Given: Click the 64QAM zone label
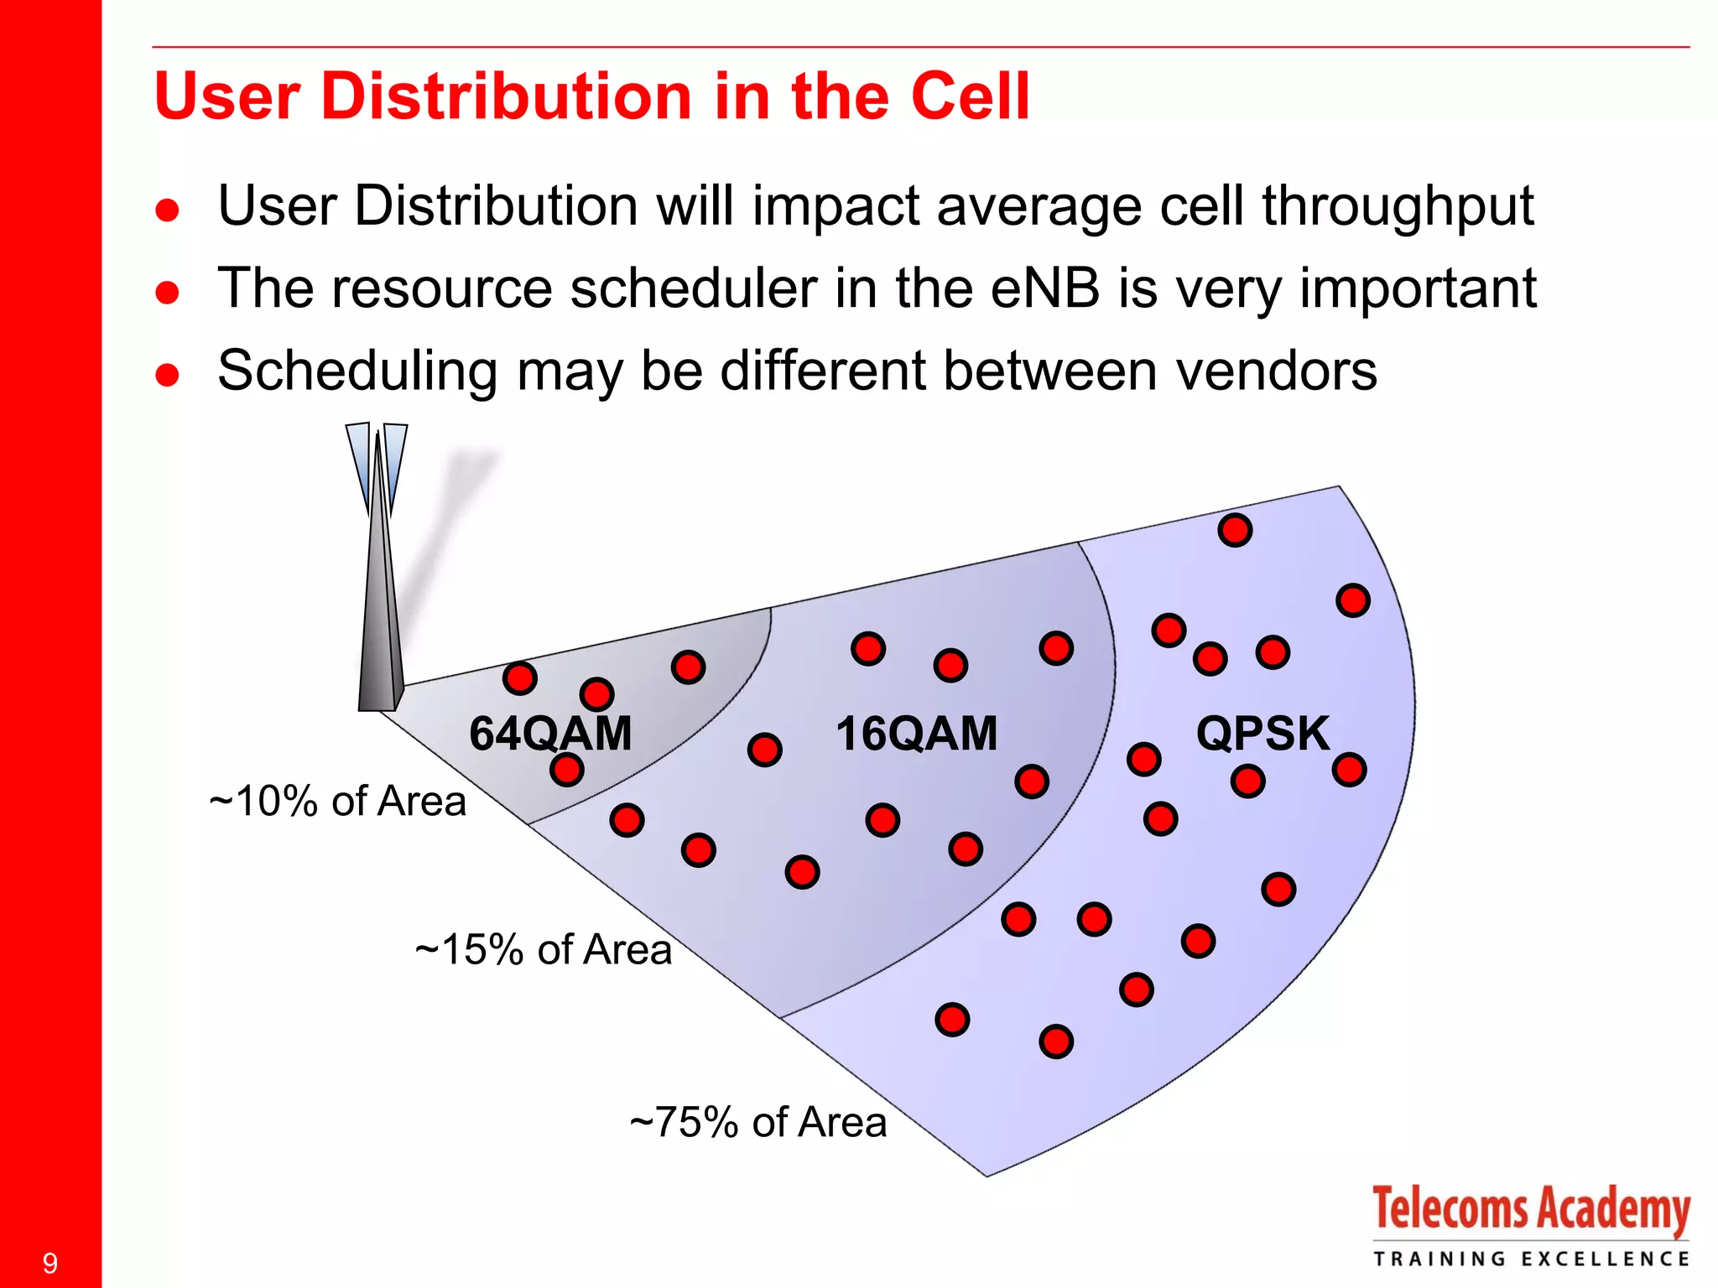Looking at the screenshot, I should (549, 734).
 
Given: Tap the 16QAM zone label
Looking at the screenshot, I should (916, 734).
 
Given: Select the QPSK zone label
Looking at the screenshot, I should (1262, 734).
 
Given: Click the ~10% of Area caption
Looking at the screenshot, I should (337, 801).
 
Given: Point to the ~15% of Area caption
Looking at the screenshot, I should (544, 950).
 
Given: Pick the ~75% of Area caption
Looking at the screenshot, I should (758, 1123).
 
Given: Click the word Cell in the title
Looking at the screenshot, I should (970, 96).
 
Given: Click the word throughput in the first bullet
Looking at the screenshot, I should (1398, 206).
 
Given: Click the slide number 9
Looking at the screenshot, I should (49, 1263).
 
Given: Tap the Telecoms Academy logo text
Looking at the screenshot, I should (1530, 1210).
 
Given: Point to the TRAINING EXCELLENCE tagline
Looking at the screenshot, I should (1530, 1259).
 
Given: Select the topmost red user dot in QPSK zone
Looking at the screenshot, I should (1235, 530).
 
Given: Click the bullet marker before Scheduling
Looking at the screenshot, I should (168, 374).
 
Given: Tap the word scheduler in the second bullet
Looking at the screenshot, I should (693, 288).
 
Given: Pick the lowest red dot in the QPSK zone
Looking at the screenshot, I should (1056, 1041).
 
